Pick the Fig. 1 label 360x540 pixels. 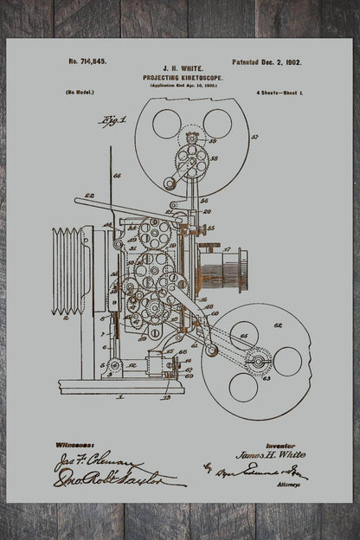tap(112, 120)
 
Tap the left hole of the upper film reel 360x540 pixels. tap(166, 123)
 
